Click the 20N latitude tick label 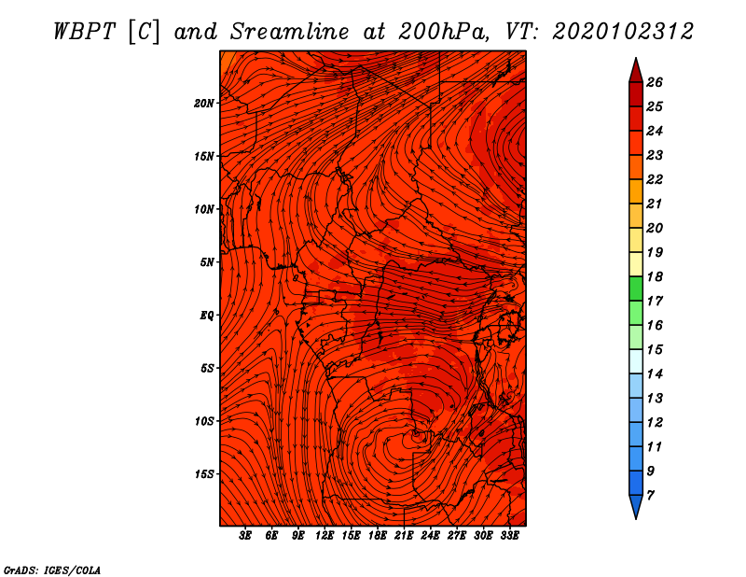[204, 104]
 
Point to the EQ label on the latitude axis [206, 316]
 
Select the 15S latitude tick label [204, 474]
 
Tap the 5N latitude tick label [207, 262]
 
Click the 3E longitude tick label [245, 535]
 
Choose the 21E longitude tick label [404, 535]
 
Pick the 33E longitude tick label [509, 535]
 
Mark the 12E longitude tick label [324, 535]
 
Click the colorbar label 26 [655, 82]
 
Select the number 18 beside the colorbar [655, 276]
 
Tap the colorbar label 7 [650, 496]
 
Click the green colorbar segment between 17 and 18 [636, 288]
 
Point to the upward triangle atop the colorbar [636, 72]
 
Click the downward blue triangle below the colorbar [636, 506]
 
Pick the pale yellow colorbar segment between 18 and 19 [636, 264]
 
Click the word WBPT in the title [85, 32]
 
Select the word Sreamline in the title [290, 32]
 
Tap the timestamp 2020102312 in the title [623, 32]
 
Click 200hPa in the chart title [444, 32]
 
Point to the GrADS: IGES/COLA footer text [52, 570]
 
